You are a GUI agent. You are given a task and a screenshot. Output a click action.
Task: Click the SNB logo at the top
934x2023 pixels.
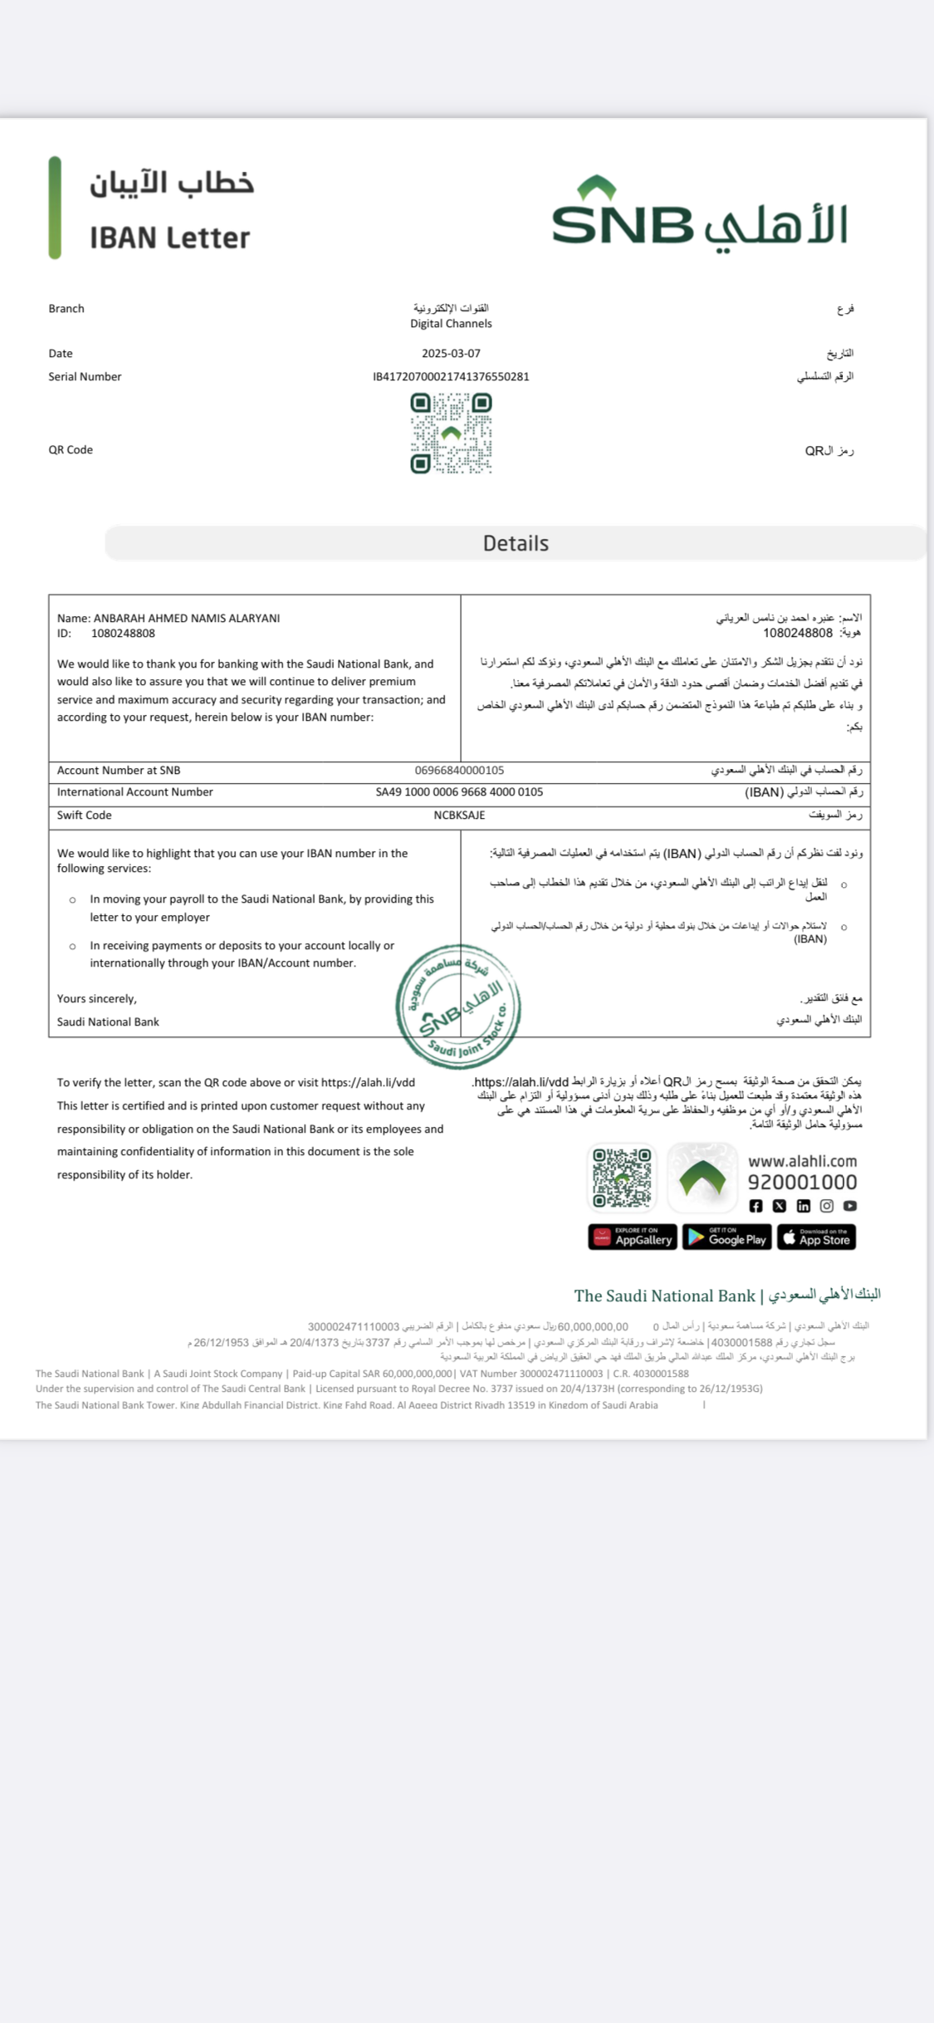[699, 215]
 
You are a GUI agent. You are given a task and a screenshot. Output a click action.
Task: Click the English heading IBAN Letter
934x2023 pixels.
[169, 238]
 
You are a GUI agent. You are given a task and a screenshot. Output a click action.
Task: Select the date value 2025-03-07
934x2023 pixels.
[451, 354]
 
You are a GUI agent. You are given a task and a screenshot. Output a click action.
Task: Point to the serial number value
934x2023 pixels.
[451, 377]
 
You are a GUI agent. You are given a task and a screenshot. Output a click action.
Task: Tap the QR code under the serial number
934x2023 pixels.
[451, 433]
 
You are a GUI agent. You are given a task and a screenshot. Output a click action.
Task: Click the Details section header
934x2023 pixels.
[516, 544]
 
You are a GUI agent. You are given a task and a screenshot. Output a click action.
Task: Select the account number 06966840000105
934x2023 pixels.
[459, 771]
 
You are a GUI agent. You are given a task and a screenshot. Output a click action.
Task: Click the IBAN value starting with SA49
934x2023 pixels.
[459, 792]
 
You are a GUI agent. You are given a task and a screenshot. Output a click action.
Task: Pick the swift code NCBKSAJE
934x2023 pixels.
[459, 816]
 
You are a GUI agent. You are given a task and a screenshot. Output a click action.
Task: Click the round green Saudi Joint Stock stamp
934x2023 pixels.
[458, 1007]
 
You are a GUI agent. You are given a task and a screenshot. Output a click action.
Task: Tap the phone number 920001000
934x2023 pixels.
[802, 1183]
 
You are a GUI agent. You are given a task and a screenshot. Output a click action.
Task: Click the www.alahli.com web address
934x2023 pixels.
[802, 1162]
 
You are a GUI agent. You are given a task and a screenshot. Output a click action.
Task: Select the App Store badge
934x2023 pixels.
[817, 1237]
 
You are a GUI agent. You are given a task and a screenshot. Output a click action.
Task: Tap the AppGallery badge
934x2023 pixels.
[633, 1237]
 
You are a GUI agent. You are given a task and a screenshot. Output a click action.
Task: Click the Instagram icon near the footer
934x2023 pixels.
[827, 1206]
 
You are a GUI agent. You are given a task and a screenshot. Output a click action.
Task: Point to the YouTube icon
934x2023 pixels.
[850, 1206]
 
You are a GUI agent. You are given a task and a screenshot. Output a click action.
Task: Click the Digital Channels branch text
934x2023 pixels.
[451, 324]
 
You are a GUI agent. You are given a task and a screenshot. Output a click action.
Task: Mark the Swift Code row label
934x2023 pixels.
[84, 816]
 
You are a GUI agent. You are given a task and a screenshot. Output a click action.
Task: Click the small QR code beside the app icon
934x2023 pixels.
[622, 1178]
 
